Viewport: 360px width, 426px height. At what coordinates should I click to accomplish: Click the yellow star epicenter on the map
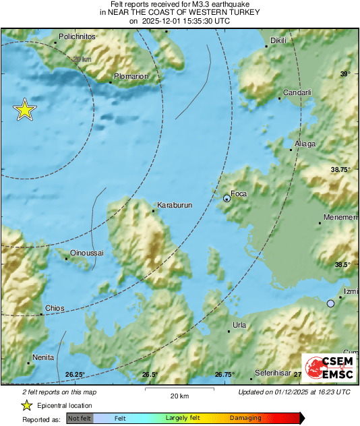pos(25,110)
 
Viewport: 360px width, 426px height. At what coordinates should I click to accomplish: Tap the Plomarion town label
pos(131,76)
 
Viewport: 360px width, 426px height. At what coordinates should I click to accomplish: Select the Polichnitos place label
pos(79,36)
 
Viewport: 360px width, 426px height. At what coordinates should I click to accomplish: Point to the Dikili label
pos(278,40)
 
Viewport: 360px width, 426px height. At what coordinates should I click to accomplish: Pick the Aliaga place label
pos(305,144)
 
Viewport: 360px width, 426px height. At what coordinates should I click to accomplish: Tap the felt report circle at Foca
pos(227,197)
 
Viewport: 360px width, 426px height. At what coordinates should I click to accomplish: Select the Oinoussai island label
pos(87,252)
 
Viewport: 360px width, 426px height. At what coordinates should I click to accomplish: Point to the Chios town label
pos(54,308)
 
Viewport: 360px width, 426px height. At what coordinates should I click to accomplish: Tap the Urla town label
pos(239,325)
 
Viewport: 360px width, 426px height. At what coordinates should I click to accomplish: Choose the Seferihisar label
pos(272,373)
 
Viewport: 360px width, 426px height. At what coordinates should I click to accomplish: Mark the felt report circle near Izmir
pos(330,304)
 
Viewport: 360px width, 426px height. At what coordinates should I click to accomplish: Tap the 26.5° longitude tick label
pos(150,374)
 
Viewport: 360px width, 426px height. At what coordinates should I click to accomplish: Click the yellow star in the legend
pos(26,405)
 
